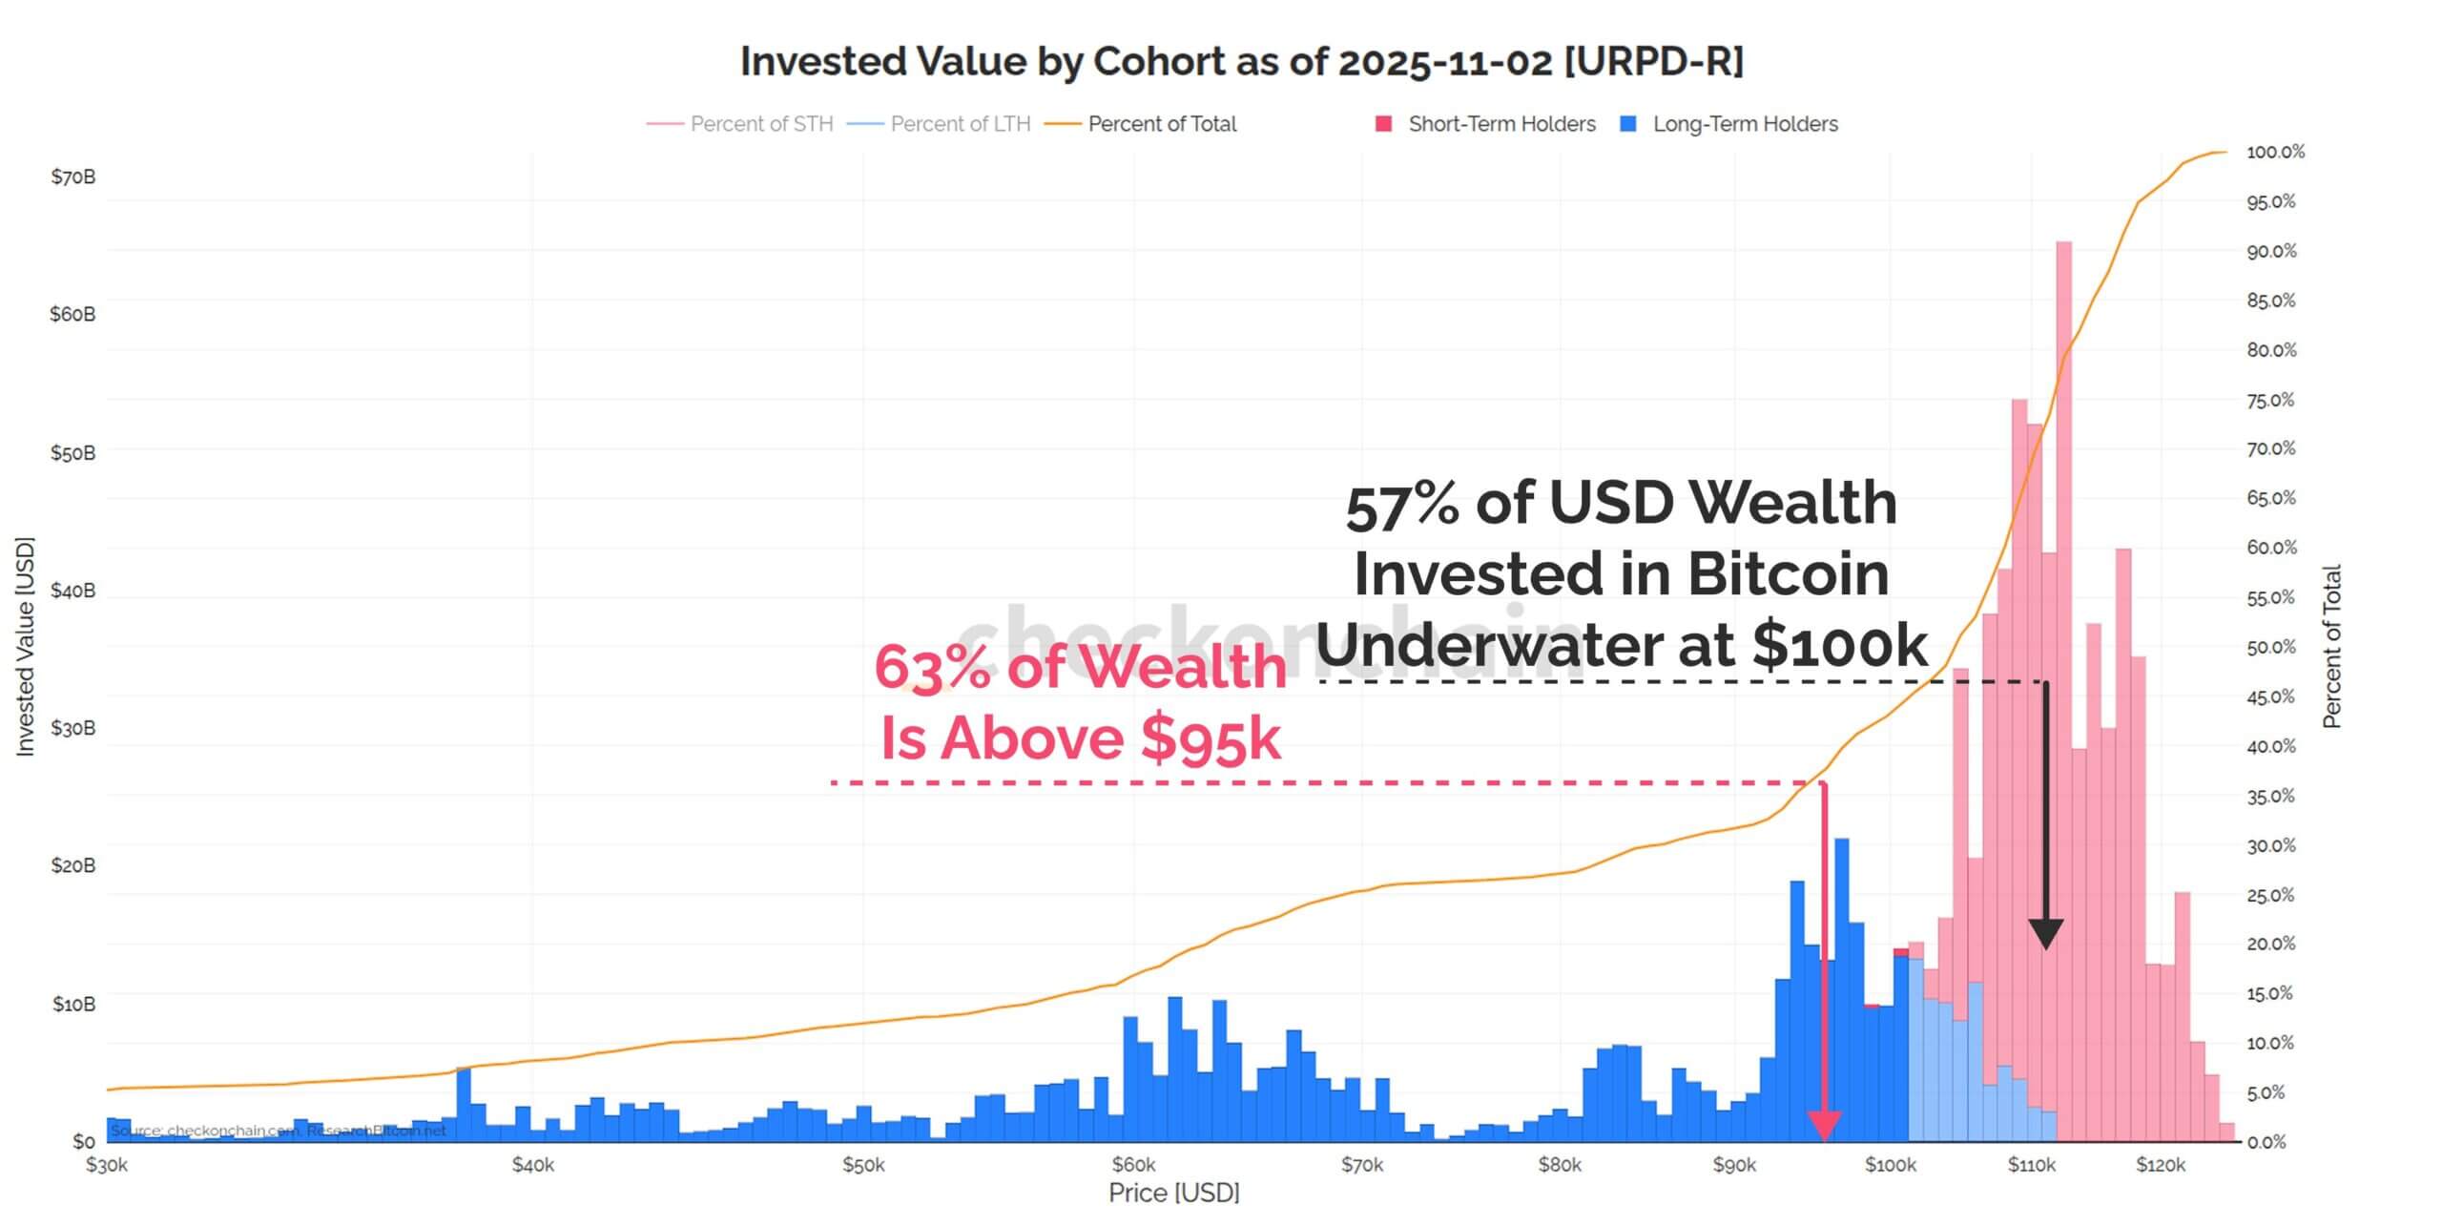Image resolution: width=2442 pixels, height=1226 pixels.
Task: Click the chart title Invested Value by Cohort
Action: pos(1241,61)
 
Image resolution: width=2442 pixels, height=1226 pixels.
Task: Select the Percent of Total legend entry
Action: pos(1161,124)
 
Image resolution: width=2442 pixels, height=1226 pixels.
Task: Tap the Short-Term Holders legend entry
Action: pos(1500,124)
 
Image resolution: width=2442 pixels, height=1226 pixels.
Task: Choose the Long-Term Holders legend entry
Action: pos(1745,124)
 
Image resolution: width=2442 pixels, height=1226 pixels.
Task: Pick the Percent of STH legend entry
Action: pos(760,124)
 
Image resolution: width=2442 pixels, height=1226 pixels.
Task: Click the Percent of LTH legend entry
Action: pos(960,124)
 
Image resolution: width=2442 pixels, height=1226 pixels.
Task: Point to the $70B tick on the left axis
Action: pos(73,177)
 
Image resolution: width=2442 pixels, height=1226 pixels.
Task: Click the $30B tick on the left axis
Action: pos(73,728)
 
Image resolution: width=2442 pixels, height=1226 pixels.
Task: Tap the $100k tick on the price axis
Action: pos(1890,1165)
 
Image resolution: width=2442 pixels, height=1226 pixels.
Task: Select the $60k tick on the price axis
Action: pos(1133,1165)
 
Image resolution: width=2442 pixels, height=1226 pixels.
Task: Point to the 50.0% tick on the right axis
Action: pos(2270,647)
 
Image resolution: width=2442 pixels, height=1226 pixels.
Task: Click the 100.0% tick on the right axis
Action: pos(2275,152)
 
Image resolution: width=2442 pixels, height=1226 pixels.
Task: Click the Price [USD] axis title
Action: pos(1173,1193)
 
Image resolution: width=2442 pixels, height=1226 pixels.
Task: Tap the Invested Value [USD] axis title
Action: pos(25,647)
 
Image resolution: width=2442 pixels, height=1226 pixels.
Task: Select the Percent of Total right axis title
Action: pos(2331,647)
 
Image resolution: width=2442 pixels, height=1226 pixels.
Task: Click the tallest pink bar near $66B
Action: pos(2063,572)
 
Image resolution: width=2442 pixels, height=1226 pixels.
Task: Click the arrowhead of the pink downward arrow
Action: pos(1824,1126)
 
